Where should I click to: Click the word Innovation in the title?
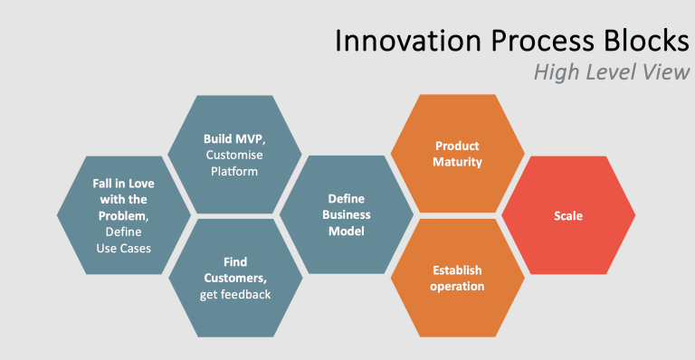click(x=408, y=41)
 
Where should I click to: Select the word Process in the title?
click(x=542, y=41)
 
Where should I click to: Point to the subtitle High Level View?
click(x=612, y=71)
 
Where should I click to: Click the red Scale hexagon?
click(x=568, y=215)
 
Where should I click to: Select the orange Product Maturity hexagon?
click(x=457, y=153)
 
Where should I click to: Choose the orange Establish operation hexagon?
click(x=457, y=278)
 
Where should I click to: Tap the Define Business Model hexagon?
click(x=347, y=214)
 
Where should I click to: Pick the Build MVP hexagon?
click(x=234, y=155)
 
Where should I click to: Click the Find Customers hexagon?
click(x=235, y=278)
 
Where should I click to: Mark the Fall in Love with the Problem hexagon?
click(x=124, y=215)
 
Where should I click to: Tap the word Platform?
click(x=234, y=171)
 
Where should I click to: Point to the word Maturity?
click(x=457, y=162)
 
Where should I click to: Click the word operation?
click(x=457, y=287)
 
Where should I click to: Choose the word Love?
click(x=141, y=184)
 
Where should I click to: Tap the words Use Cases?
click(x=124, y=249)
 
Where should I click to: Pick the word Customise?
click(x=234, y=155)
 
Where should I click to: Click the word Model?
click(x=347, y=232)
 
